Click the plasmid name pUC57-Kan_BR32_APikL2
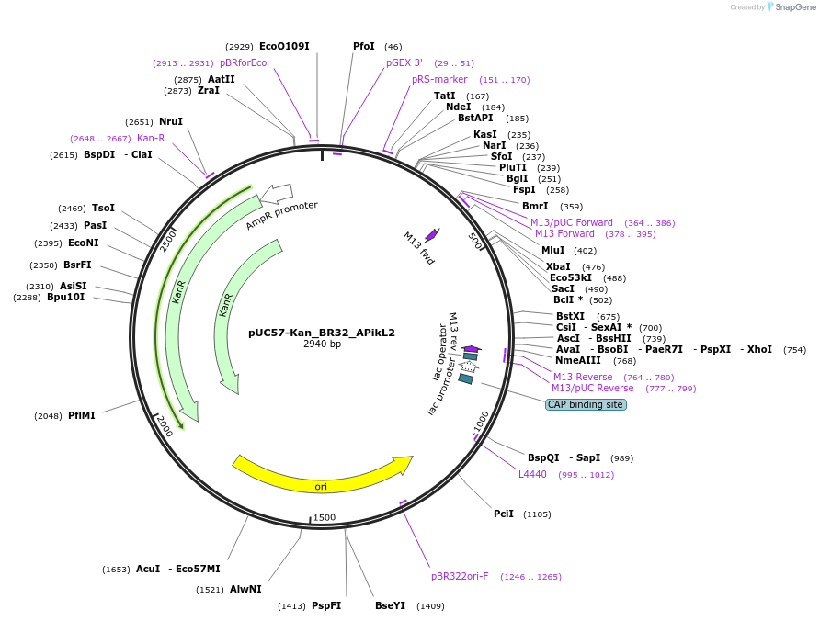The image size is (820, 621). click(x=322, y=333)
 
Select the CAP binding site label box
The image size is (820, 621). click(x=586, y=404)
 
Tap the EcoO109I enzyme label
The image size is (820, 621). click(x=284, y=46)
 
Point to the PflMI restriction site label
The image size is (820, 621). click(x=81, y=415)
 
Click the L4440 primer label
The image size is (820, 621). click(x=532, y=474)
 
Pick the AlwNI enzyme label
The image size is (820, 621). click(x=245, y=589)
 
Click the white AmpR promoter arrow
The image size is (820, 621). click(x=277, y=193)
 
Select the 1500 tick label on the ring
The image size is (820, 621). click(x=325, y=518)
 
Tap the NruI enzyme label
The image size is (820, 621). click(x=170, y=121)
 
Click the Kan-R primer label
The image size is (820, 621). click(x=151, y=138)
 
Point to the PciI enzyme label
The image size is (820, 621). click(x=504, y=514)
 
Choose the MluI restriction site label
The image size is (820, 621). click(x=553, y=250)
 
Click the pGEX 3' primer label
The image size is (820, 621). click(x=404, y=63)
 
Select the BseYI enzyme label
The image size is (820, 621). click(x=390, y=605)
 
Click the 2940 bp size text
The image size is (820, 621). click(x=322, y=344)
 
